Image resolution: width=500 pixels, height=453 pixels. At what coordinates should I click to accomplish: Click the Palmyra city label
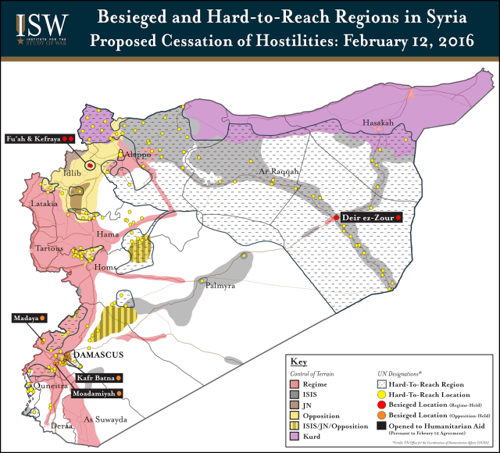[220, 287]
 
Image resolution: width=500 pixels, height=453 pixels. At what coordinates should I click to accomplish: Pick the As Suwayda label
[104, 419]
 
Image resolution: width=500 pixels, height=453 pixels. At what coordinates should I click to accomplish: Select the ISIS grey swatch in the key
[295, 394]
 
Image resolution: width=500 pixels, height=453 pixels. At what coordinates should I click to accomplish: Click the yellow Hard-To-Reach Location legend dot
[382, 394]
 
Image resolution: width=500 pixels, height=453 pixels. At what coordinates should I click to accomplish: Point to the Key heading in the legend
[299, 362]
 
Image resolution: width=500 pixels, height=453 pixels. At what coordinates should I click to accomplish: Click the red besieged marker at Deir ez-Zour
[336, 217]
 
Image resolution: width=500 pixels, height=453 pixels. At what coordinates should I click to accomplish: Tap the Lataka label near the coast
[44, 203]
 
